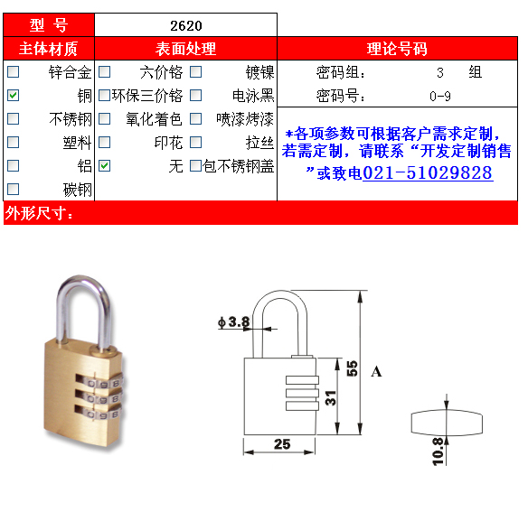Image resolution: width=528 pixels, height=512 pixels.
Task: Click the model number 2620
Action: [x=186, y=26]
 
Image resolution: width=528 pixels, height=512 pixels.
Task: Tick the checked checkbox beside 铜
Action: [x=14, y=95]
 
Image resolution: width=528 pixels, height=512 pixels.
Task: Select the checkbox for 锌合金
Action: [x=14, y=71]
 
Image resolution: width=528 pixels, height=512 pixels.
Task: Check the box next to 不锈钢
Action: [x=14, y=119]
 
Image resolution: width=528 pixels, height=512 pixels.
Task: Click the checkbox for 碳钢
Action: [x=14, y=189]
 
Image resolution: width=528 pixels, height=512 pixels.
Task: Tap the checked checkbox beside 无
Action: [x=104, y=165]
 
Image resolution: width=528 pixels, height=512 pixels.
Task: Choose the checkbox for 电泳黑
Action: [x=195, y=95]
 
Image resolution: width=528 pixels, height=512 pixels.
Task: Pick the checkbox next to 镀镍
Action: [x=195, y=71]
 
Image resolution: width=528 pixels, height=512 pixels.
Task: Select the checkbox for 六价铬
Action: [x=104, y=71]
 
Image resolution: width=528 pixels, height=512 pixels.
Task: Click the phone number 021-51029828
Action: [x=428, y=172]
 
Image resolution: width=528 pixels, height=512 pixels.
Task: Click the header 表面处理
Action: [x=185, y=49]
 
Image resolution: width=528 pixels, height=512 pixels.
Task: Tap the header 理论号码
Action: [x=397, y=49]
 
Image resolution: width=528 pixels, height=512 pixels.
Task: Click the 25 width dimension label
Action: [x=282, y=444]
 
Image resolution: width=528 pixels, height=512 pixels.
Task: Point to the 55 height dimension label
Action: [x=352, y=368]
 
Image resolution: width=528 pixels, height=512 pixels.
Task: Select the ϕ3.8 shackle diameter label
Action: [x=234, y=322]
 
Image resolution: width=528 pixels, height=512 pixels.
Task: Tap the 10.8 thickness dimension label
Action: [x=438, y=451]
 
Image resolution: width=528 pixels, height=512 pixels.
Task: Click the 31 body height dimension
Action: [x=331, y=397]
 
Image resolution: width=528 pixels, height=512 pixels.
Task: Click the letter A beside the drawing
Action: [x=376, y=372]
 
